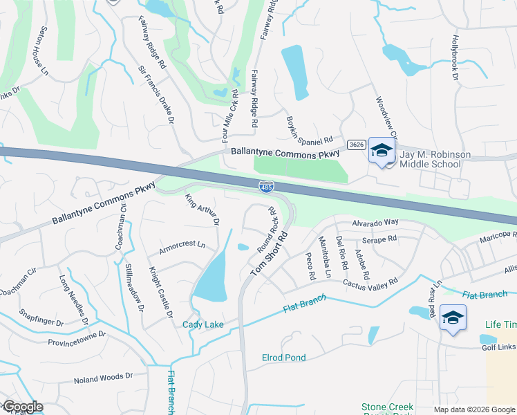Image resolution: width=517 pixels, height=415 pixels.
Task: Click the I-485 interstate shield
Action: (x=265, y=186)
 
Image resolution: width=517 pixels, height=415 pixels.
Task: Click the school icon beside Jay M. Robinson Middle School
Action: (x=381, y=150)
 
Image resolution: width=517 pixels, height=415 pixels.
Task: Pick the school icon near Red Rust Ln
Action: (x=453, y=317)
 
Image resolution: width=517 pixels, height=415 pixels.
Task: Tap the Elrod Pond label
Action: (x=283, y=358)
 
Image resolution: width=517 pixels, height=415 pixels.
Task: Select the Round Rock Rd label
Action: (x=267, y=229)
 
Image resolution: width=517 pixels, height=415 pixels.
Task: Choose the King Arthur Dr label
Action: (x=201, y=210)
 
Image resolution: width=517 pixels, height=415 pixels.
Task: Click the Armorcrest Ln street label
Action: (x=182, y=245)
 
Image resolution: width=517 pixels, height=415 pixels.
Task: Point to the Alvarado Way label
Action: (x=376, y=223)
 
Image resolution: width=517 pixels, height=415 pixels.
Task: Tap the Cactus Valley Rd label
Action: (x=370, y=284)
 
